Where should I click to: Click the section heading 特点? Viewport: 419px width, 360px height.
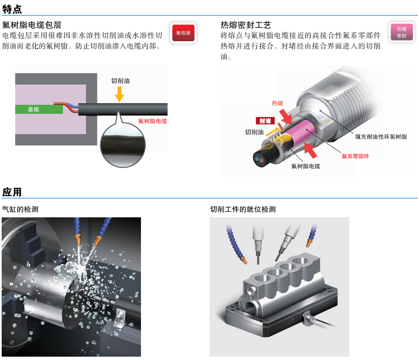12,8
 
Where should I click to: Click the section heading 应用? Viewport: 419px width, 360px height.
12,192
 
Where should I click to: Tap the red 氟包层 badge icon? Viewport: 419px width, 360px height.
183,33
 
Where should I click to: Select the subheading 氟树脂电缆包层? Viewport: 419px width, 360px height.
32,25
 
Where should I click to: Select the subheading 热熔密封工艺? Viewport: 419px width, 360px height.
246,25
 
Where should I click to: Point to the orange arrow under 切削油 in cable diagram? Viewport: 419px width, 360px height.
119,95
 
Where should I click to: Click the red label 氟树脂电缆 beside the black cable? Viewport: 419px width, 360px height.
152,121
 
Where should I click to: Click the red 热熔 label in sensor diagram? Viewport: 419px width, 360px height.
277,103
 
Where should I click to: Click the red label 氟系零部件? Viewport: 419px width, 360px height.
355,156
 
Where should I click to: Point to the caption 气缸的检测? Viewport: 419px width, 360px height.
20,210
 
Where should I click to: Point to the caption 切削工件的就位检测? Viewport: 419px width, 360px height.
242,210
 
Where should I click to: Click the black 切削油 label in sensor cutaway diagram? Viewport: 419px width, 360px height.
254,133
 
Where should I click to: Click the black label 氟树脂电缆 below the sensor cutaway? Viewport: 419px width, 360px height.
305,166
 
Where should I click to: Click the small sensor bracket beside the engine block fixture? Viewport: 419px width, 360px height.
308,319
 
